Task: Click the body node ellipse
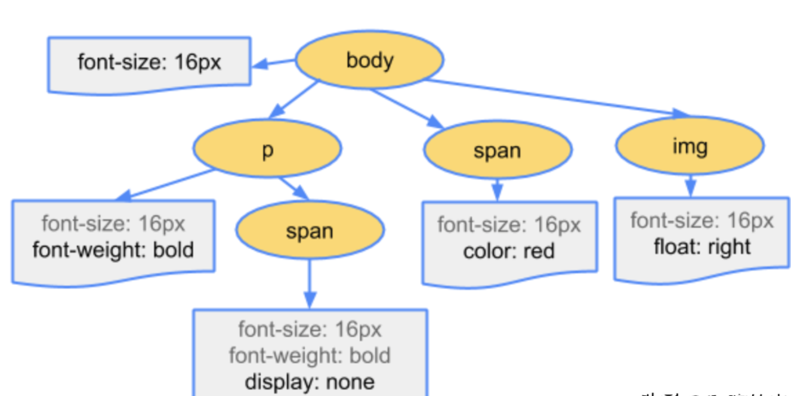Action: click(370, 60)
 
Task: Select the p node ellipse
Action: click(267, 149)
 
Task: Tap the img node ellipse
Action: click(690, 146)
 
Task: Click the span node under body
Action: click(498, 150)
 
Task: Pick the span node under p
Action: click(310, 230)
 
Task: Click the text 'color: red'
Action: click(509, 251)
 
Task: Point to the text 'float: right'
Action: click(702, 246)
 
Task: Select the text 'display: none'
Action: click(310, 382)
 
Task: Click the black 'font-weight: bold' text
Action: click(113, 249)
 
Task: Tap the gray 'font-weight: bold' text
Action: click(310, 355)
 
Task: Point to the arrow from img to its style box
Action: click(690, 185)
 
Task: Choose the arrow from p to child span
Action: click(293, 187)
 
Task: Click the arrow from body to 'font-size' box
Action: click(273, 63)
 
